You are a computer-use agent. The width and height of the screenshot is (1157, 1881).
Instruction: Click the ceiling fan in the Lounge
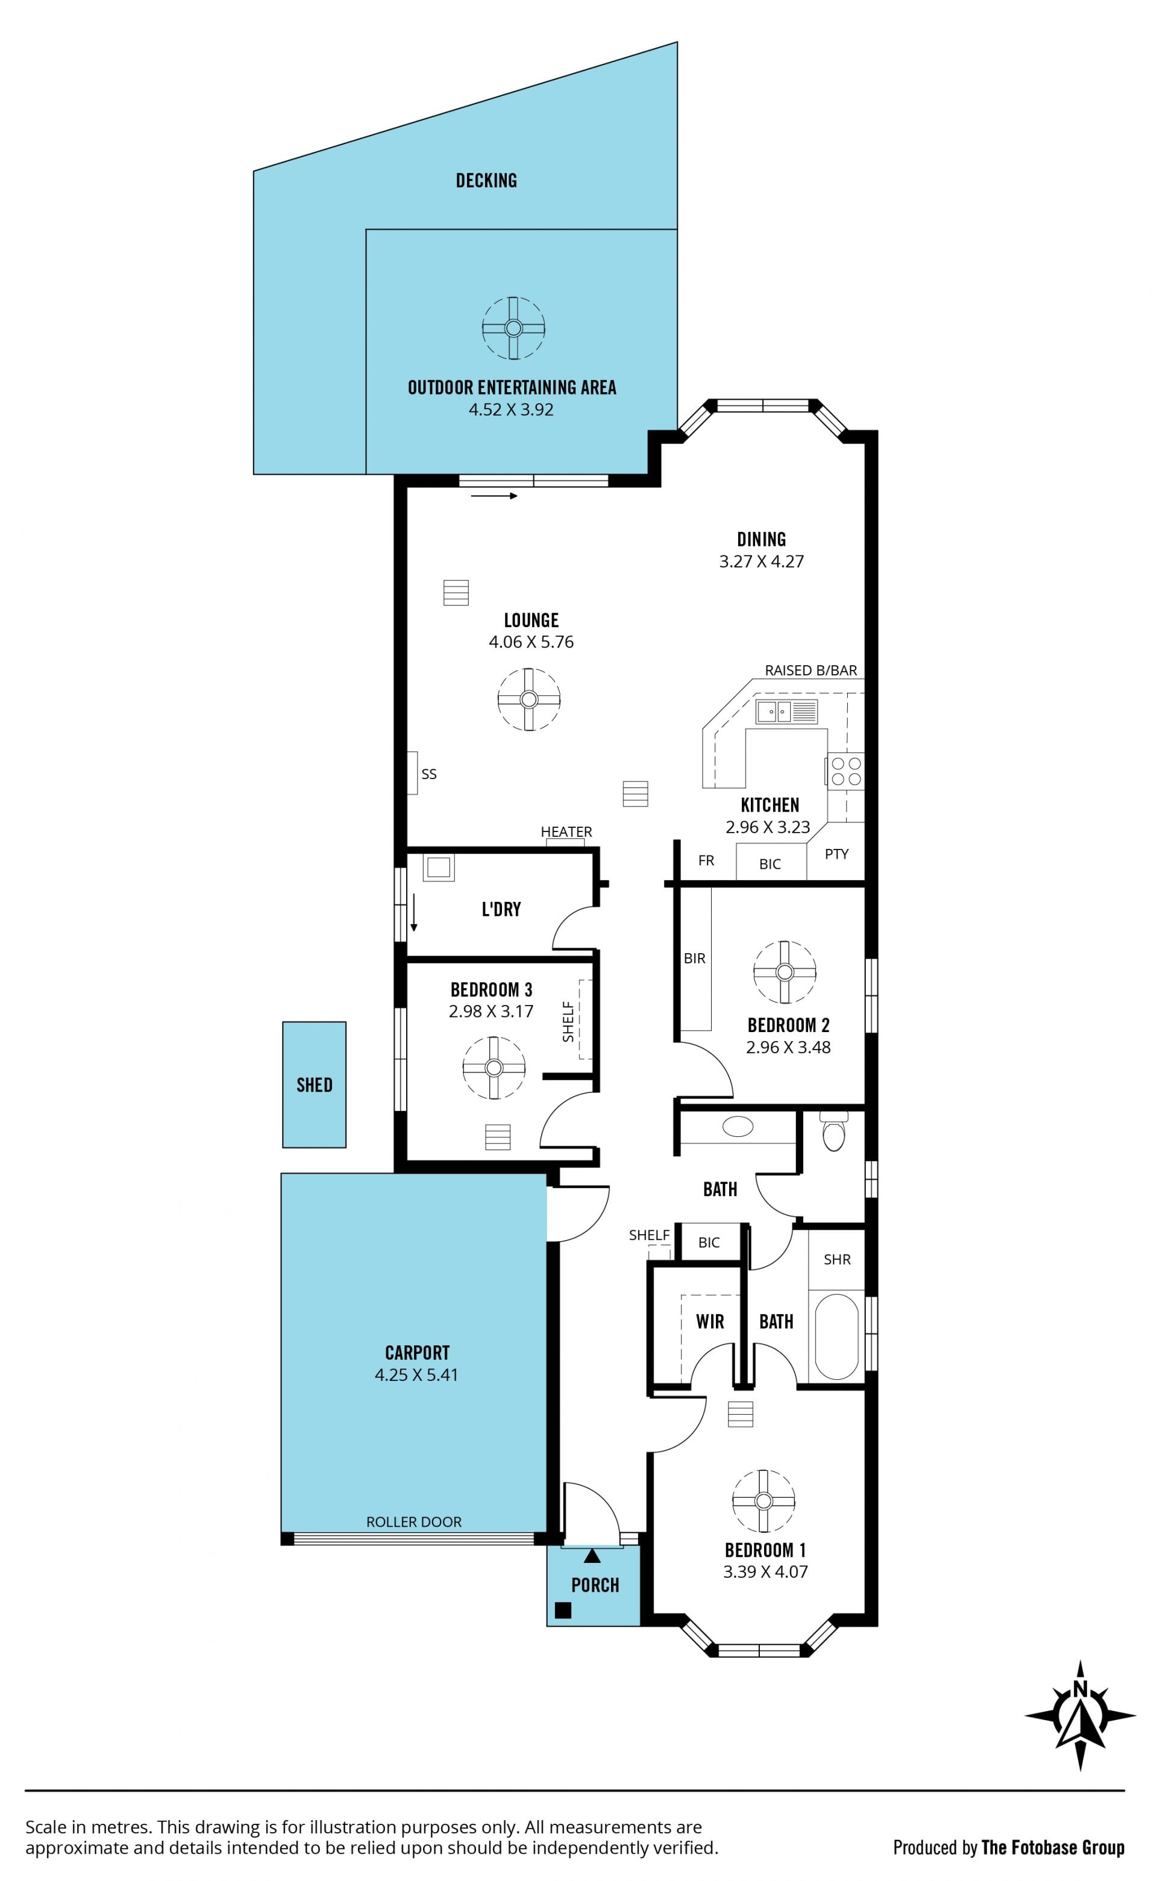[528, 699]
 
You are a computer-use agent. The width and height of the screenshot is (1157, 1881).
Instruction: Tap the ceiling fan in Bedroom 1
[763, 1501]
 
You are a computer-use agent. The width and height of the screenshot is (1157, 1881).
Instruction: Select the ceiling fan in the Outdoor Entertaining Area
[513, 328]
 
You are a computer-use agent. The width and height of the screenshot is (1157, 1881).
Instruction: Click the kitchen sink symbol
[786, 712]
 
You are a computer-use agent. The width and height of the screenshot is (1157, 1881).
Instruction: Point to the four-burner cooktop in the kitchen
[845, 771]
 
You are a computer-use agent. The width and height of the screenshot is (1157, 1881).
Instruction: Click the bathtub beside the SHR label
[836, 1337]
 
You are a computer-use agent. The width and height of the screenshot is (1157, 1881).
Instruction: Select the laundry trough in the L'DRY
[439, 868]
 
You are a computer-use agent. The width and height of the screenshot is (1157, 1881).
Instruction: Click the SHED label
[315, 1084]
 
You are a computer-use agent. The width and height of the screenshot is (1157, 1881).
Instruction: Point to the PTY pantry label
[836, 854]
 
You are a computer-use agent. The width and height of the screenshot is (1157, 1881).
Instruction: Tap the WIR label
[710, 1321]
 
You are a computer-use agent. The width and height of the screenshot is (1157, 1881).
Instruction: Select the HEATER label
[566, 831]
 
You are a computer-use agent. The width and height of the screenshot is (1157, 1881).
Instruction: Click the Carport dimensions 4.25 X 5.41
[416, 1375]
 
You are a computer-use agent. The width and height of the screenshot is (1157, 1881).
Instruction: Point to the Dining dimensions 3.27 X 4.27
[761, 562]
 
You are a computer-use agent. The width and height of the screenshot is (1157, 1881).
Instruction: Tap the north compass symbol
[1080, 1737]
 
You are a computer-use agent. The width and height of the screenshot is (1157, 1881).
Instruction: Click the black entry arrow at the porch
[592, 1556]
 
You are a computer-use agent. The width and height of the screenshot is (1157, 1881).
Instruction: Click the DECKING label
[487, 181]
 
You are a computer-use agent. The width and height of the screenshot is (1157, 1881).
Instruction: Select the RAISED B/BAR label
[811, 670]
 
